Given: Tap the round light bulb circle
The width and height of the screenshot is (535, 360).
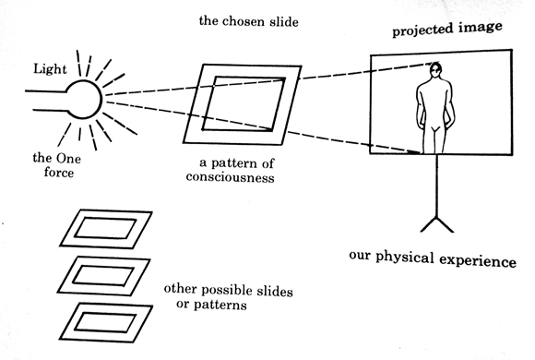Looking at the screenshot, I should tap(81, 95).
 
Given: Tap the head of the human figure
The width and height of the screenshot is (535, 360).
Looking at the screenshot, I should tap(437, 69).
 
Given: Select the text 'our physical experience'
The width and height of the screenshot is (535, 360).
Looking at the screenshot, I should tap(433, 259).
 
